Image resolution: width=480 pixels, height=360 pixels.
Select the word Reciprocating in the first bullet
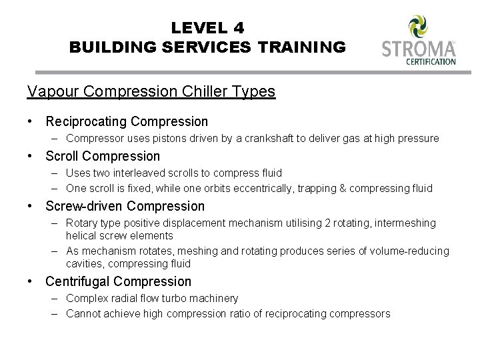pyautogui.click(x=86, y=121)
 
